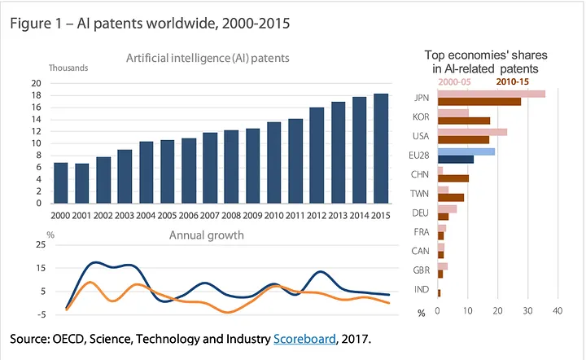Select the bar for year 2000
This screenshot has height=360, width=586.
coord(60,183)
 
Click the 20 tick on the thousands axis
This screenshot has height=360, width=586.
coord(36,83)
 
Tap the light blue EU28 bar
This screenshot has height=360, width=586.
coord(466,151)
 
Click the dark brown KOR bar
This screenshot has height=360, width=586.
coord(464,121)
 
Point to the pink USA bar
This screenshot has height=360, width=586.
coord(472,132)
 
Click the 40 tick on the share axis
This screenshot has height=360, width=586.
coord(558,311)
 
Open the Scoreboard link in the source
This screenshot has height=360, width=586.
coord(304,338)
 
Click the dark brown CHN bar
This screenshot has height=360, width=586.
coord(453,178)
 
